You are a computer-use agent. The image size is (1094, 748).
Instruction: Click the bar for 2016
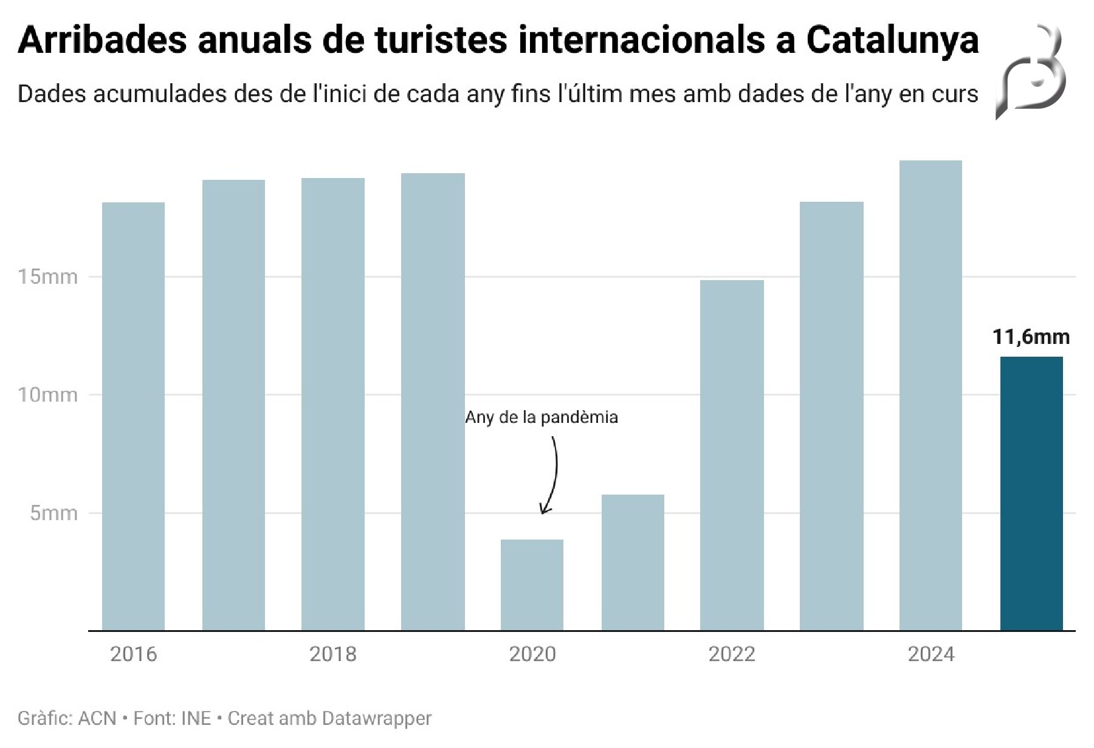pos(133,416)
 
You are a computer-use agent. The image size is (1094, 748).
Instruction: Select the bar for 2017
pos(233,405)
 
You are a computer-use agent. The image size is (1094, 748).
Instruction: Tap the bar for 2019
pos(433,402)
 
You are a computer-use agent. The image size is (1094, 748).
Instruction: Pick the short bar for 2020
pos(532,585)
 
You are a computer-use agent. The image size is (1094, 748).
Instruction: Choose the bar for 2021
pos(633,562)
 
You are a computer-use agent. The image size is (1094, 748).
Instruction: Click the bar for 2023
pos(831,416)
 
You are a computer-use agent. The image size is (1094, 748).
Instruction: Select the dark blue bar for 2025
pos(1031,493)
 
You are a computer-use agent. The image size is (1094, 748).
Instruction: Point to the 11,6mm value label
pos(1031,337)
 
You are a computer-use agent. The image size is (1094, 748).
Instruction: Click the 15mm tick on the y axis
pos(48,277)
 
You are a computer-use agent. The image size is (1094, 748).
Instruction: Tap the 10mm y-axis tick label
pos(48,395)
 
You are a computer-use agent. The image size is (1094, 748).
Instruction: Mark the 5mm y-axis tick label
pos(54,513)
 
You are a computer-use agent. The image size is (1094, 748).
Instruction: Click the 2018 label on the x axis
pos(333,654)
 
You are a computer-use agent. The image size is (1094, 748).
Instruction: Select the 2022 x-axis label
pos(732,654)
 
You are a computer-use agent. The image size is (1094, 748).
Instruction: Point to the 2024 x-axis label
pos(931,654)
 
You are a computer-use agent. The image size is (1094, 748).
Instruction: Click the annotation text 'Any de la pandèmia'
pos(542,417)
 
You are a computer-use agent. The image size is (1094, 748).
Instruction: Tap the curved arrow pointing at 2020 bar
pos(552,474)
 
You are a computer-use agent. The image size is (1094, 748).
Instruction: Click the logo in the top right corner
pos(1032,72)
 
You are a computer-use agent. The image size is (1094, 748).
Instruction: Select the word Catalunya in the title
pos(892,40)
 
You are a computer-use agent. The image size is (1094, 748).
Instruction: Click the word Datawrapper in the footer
pos(376,718)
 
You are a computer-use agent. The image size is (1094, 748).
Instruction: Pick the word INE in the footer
pos(196,718)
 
